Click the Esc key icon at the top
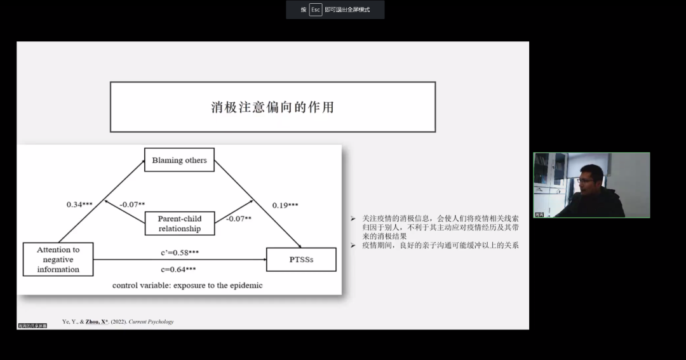(x=316, y=10)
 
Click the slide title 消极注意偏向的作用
(x=272, y=107)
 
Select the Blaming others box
(x=179, y=160)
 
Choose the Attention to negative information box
(x=58, y=259)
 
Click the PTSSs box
(x=301, y=260)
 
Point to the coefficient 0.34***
(x=79, y=204)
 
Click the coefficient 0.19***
(x=285, y=205)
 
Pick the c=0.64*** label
(x=178, y=269)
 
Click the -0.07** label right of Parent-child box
(x=239, y=218)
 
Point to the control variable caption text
(x=187, y=285)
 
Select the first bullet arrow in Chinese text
(x=353, y=218)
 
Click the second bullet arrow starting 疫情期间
(x=353, y=244)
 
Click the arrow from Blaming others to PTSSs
(x=257, y=203)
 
